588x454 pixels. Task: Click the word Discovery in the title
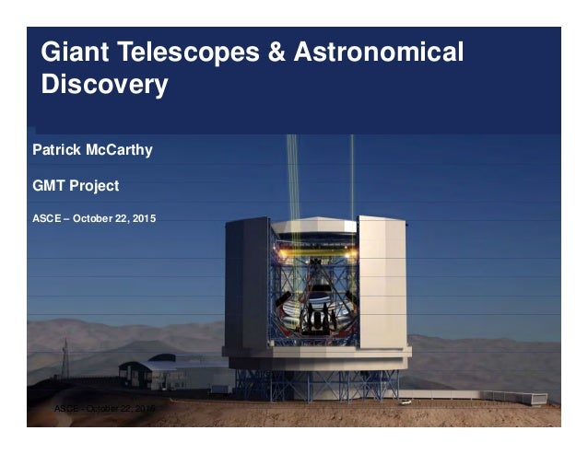[104, 87]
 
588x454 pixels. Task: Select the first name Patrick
[59, 149]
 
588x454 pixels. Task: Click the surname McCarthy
[121, 149]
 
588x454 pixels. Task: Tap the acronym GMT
[49, 185]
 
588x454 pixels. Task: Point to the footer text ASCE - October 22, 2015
[106, 406]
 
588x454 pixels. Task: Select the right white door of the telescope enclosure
[381, 281]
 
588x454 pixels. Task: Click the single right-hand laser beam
[351, 180]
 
